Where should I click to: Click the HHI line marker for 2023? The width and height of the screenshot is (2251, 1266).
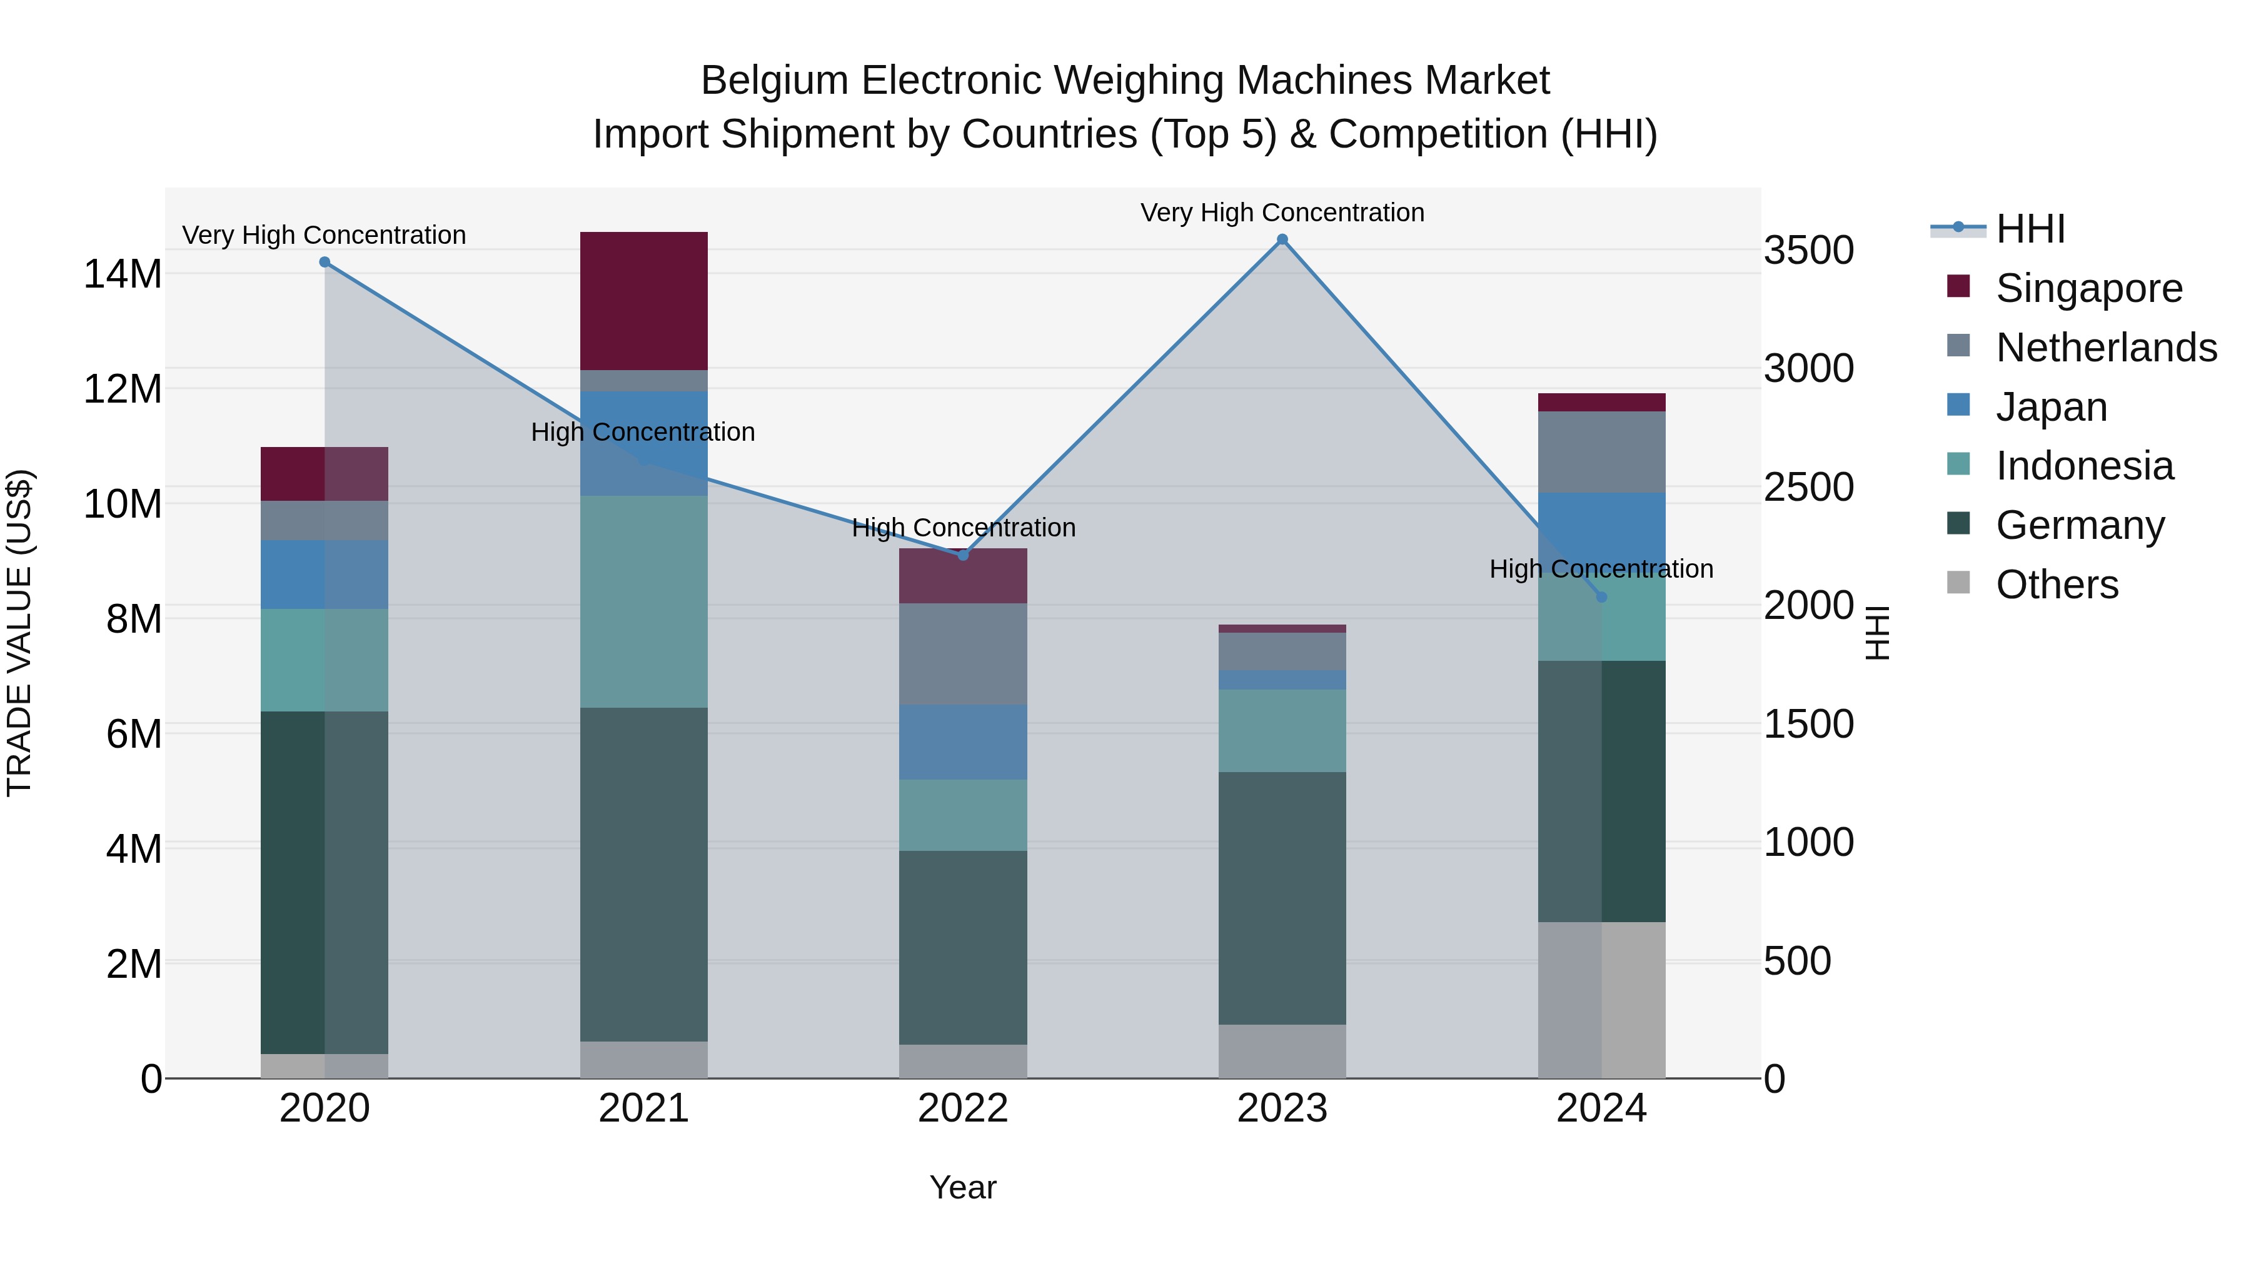coord(1282,239)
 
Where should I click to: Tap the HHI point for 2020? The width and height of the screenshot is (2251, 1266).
coord(325,262)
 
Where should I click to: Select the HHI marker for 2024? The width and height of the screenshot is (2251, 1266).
coord(1601,597)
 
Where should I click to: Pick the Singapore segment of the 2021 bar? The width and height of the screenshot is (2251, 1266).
coord(644,301)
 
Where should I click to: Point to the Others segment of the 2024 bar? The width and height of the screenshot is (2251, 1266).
coord(1601,1000)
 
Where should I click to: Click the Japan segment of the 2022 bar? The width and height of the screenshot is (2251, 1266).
coord(963,741)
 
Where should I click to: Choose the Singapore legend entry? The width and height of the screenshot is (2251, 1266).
coord(2088,288)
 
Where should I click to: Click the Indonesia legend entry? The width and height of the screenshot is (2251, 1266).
coord(2084,466)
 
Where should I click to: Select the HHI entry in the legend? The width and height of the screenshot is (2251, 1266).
coord(2030,229)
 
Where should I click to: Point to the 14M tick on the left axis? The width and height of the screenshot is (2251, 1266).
coord(123,273)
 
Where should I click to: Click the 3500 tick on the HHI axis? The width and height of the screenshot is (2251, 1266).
coord(1808,250)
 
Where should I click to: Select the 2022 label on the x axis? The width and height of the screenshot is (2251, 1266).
coord(963,1108)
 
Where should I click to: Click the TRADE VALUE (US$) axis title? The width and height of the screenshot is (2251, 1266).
coord(19,633)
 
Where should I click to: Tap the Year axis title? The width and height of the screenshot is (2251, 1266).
coord(963,1187)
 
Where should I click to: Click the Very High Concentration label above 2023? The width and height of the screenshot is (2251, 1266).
coord(1282,213)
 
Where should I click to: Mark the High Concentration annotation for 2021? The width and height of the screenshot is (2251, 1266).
coord(643,431)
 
